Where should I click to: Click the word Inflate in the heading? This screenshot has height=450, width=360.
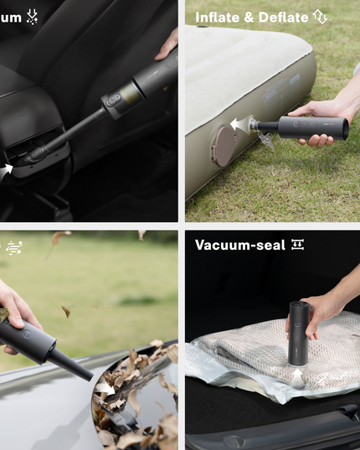(215, 17)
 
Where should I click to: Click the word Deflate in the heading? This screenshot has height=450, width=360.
(284, 17)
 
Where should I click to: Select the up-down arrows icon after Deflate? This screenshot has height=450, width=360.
(320, 17)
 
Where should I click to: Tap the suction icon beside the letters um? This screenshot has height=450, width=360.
(32, 16)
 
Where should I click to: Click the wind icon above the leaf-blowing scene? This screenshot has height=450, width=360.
(13, 247)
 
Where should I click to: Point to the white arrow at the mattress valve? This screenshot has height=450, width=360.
(239, 125)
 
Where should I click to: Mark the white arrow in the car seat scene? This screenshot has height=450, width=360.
(8, 169)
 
